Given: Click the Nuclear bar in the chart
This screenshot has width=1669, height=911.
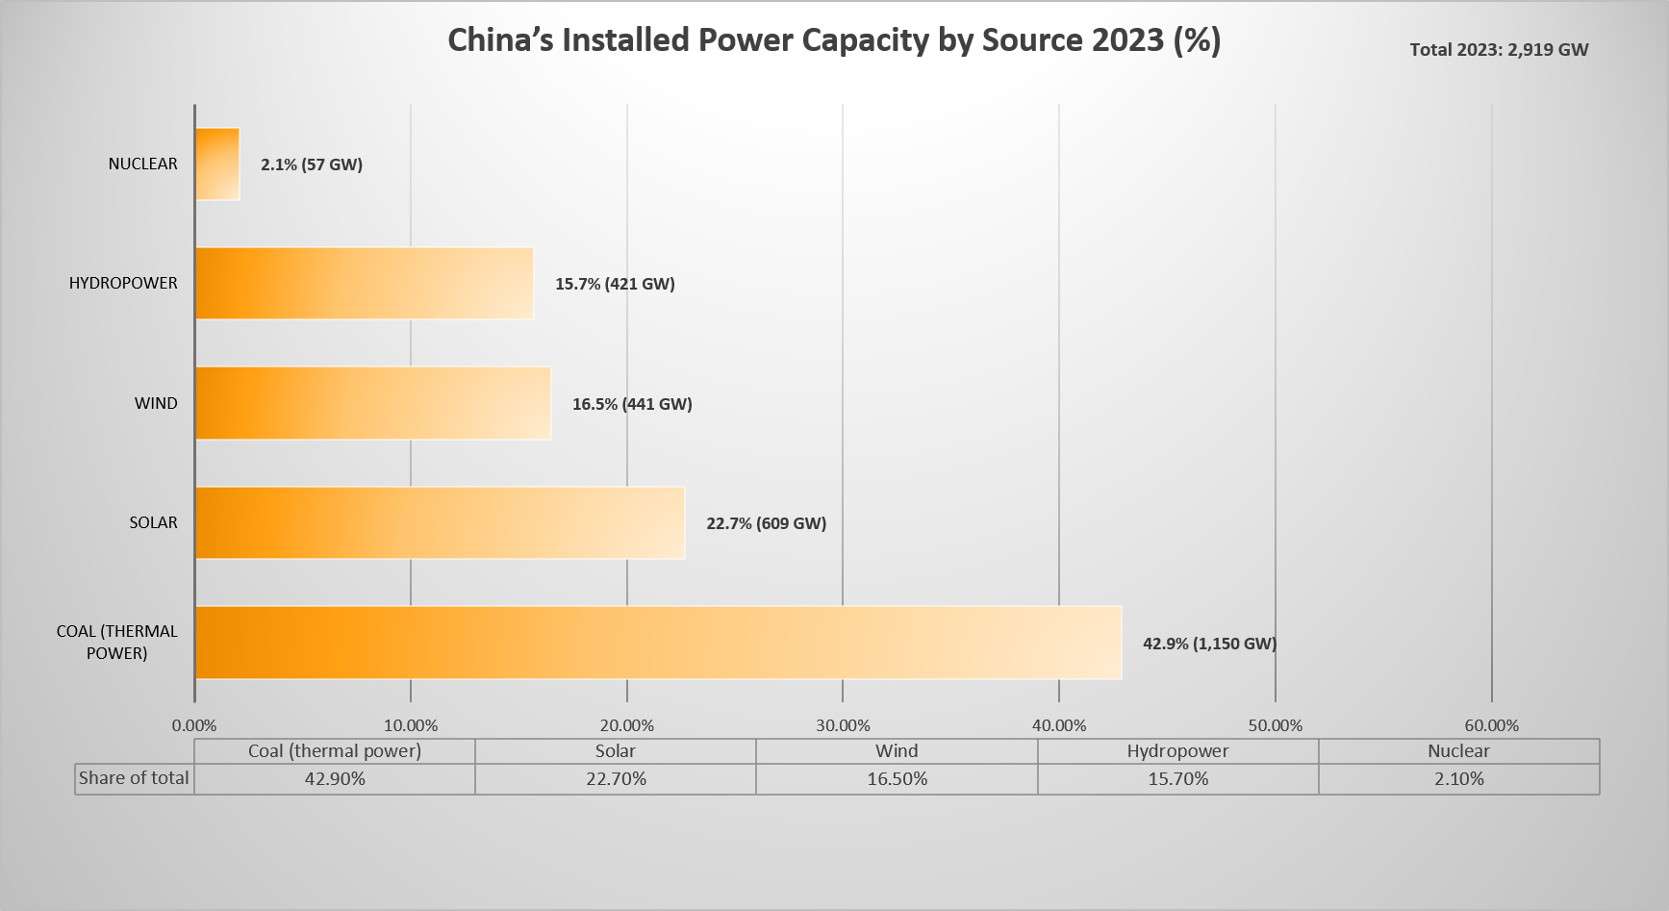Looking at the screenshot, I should [x=217, y=164].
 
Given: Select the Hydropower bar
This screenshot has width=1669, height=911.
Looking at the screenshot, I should [x=365, y=284].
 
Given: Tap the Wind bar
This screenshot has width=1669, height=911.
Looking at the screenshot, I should [x=373, y=403].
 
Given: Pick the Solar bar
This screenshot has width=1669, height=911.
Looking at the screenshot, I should [x=440, y=522].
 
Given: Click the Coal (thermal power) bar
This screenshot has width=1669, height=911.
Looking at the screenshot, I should [x=658, y=643].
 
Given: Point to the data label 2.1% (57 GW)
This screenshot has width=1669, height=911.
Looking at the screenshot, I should [x=312, y=164].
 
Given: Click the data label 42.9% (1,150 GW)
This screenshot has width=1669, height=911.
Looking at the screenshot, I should [x=1209, y=644].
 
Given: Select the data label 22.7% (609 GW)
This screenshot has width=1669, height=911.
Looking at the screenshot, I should [x=766, y=523].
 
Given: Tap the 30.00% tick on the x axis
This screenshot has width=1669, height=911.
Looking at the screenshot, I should [x=843, y=725].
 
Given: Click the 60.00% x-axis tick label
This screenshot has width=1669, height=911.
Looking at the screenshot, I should [x=1491, y=725].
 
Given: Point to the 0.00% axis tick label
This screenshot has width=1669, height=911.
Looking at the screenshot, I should [x=194, y=725].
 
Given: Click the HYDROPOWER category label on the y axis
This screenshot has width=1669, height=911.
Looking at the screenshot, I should [x=123, y=283].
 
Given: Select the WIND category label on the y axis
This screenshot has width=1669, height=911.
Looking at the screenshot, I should [x=156, y=403].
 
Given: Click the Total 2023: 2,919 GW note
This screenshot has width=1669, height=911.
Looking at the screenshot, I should [x=1499, y=50].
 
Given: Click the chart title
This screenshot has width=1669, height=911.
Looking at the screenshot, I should [x=834, y=40].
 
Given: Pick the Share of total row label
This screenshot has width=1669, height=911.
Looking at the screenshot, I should [x=134, y=778].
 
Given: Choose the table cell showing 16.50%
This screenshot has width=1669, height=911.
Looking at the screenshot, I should [x=897, y=779].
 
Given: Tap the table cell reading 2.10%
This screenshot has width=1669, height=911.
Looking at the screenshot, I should [x=1458, y=779].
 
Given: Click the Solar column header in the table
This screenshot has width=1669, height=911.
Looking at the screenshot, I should [x=616, y=751].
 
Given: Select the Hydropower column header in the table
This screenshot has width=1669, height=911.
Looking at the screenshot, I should [x=1177, y=751].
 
